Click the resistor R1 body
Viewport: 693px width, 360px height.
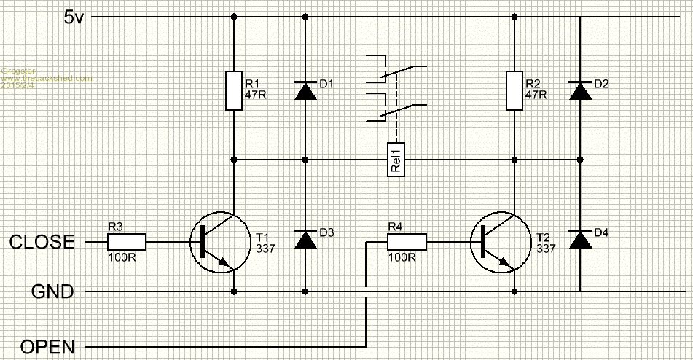click(234, 90)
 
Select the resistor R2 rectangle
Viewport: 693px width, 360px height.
click(514, 90)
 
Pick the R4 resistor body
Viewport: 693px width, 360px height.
click(407, 242)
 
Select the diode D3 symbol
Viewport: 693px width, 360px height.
click(305, 240)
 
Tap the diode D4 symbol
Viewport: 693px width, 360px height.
click(580, 240)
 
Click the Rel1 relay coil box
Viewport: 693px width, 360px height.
click(396, 159)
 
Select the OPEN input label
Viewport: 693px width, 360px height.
click(47, 347)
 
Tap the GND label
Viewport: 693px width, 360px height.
click(52, 292)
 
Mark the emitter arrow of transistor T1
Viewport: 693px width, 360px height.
click(224, 262)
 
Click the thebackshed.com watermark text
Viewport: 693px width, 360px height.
click(47, 78)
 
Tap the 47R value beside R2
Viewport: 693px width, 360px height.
click(535, 95)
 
